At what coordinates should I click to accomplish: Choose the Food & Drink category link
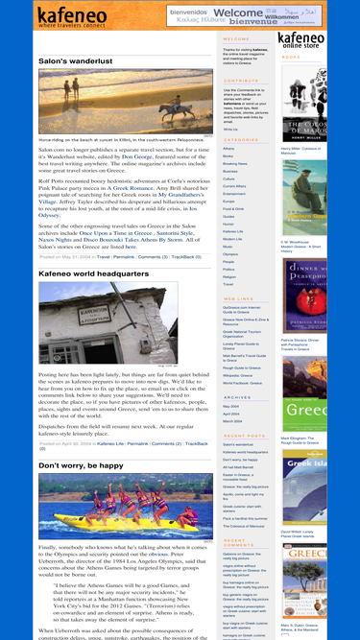coord(234,208)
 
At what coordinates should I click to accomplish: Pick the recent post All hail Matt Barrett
coord(240,465)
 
